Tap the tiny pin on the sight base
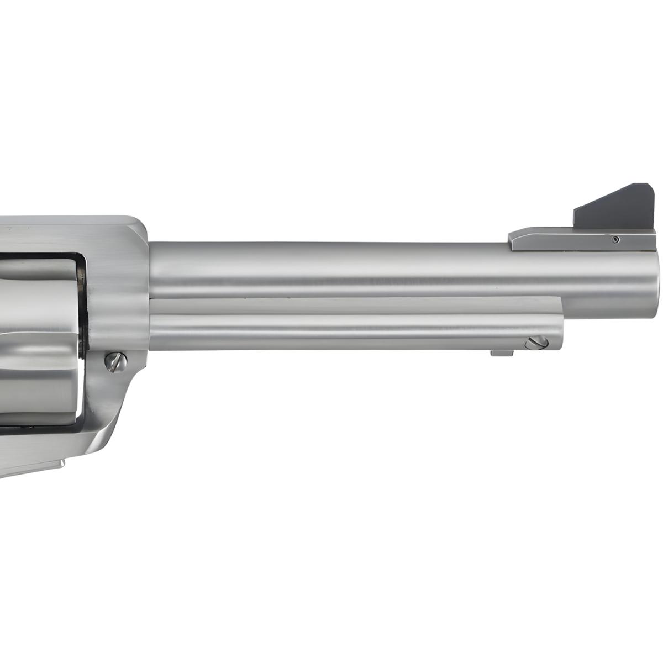tap(616, 239)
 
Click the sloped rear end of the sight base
tap(514, 239)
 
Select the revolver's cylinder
tap(39, 331)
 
